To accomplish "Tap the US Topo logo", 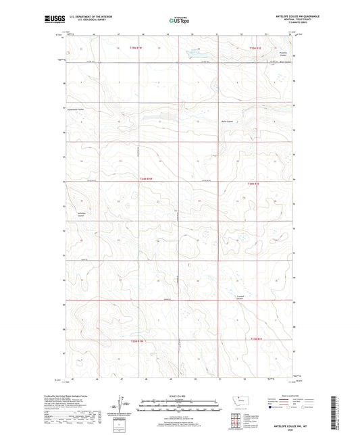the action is coord(178,21).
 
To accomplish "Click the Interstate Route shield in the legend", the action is coord(273,408).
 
